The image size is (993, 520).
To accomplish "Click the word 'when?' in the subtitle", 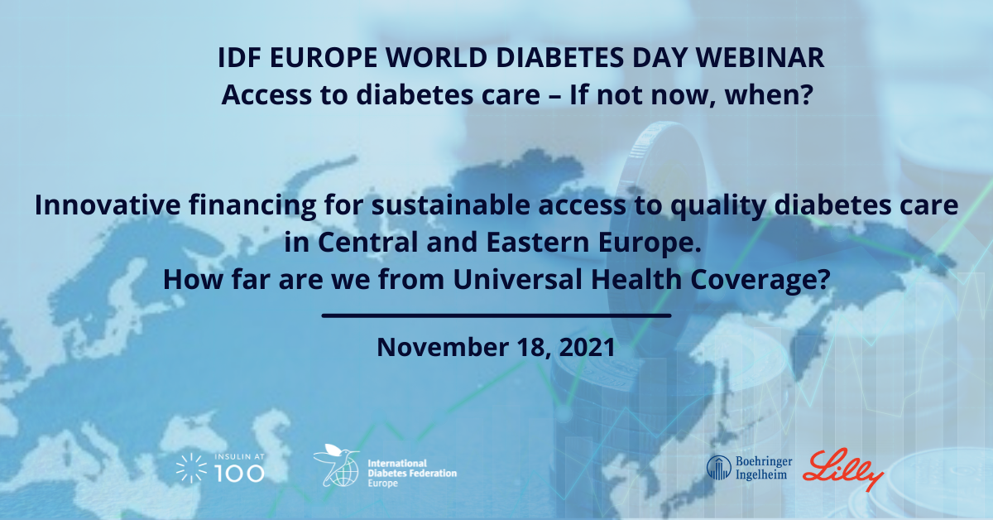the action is (x=769, y=95).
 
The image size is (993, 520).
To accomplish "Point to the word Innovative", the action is (x=108, y=205).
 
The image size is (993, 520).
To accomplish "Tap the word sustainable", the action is (x=450, y=205).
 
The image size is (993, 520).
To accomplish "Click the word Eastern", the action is (x=538, y=243).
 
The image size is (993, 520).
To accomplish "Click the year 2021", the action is (x=587, y=347).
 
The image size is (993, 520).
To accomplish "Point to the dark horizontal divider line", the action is (x=496, y=316).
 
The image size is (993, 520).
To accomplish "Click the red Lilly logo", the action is (x=843, y=469).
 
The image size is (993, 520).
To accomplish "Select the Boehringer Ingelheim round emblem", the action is (x=718, y=468).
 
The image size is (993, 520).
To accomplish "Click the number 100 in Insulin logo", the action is (x=240, y=474).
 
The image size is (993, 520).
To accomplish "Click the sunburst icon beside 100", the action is (x=191, y=468).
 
